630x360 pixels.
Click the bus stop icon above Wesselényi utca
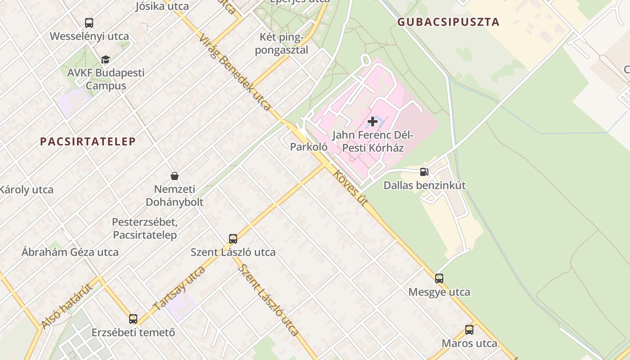pos(89,22)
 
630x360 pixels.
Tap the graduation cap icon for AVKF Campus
pos(105,59)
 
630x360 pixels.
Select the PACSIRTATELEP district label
pos(88,141)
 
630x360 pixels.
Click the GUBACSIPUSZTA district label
pos(448,22)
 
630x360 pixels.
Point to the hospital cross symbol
pos(373,121)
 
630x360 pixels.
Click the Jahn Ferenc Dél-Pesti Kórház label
pos(373,141)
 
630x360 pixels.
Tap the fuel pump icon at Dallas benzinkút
pos(424,171)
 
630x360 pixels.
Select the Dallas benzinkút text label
pos(424,185)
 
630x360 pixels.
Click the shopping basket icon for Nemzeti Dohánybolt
pos(175,175)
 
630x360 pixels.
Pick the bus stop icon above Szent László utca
pos(233,238)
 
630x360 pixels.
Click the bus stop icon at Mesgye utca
pos(439,278)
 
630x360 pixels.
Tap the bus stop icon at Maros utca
pos(469,330)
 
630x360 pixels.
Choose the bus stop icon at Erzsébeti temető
pos(133,319)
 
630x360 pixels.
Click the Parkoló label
pos(309,147)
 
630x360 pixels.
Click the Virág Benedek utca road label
pos(234,72)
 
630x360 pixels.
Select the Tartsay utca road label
pos(179,288)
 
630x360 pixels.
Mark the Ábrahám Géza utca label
pos(70,252)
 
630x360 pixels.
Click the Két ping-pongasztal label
pos(282,43)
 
